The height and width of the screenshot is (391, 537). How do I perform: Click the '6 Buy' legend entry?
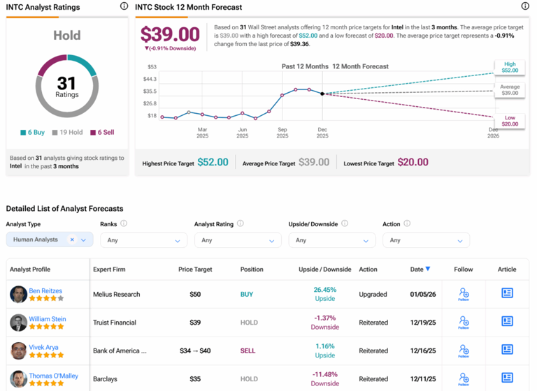33,132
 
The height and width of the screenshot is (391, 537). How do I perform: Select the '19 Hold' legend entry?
68,132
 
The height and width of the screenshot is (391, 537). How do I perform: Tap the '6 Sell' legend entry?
101,132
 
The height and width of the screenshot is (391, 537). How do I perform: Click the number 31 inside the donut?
66,84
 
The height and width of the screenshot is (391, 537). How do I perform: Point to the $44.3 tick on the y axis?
150,79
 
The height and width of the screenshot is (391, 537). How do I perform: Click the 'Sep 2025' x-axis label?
282,133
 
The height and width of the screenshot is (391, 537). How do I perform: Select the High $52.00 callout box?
510,67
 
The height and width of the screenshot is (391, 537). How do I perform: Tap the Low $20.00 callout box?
509,121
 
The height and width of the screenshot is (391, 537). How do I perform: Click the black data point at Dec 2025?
322,94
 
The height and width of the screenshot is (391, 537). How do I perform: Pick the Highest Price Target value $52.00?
213,162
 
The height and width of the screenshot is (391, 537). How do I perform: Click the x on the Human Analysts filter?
72,239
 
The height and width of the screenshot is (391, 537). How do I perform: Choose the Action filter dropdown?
425,240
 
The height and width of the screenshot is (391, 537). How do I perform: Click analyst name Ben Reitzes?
45,290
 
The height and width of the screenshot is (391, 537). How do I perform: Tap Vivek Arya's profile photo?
18,351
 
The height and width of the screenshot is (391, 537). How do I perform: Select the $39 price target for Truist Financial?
195,323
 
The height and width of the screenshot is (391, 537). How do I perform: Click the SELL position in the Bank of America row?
248,351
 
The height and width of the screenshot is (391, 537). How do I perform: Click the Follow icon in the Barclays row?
464,378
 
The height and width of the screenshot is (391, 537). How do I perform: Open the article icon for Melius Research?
507,293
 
